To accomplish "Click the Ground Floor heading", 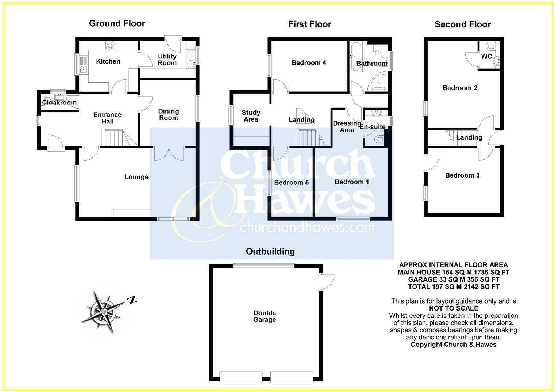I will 117,23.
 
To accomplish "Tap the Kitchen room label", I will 108,61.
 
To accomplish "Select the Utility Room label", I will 167,60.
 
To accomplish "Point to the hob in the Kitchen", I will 110,46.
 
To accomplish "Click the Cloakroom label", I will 59,103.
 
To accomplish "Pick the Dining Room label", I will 168,114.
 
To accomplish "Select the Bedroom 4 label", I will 309,63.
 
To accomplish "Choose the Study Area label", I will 251,116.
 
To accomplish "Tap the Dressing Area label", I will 346,126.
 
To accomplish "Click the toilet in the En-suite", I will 378,139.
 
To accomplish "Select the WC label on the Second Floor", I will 486,57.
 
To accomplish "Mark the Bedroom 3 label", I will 462,175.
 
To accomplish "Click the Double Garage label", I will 265,316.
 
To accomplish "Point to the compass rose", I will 104,312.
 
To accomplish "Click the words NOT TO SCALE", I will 454,308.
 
